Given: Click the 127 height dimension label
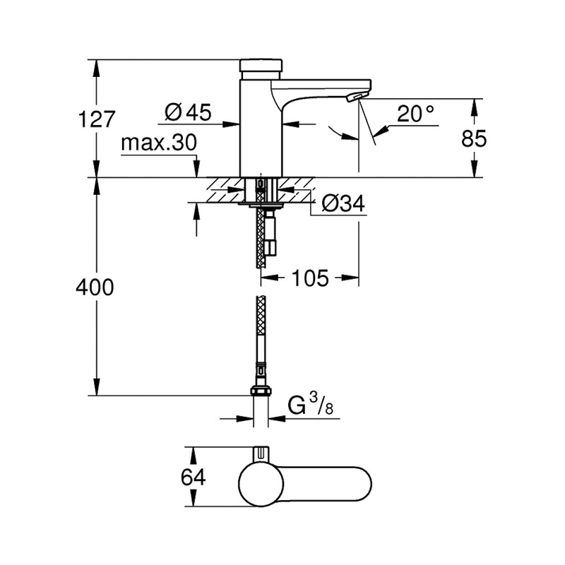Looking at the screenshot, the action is point(97,119).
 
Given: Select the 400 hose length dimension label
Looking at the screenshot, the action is point(95,287).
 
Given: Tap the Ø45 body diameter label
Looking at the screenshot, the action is point(188,112).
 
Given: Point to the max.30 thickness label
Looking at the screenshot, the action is point(159,143).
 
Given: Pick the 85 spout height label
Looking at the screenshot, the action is point(474,138).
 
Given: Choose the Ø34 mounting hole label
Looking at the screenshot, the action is point(343,203).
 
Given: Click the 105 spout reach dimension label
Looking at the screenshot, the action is point(310,278).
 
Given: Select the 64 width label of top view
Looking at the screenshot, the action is point(193,477).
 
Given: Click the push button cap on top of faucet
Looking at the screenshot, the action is point(261,65).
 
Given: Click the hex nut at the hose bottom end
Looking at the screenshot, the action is point(261,391).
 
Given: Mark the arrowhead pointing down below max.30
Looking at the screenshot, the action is point(196,169).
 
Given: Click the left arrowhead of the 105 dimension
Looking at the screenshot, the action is point(270,278).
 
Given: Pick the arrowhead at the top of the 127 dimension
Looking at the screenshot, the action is point(96,69).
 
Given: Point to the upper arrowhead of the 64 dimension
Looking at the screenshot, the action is point(194,456).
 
